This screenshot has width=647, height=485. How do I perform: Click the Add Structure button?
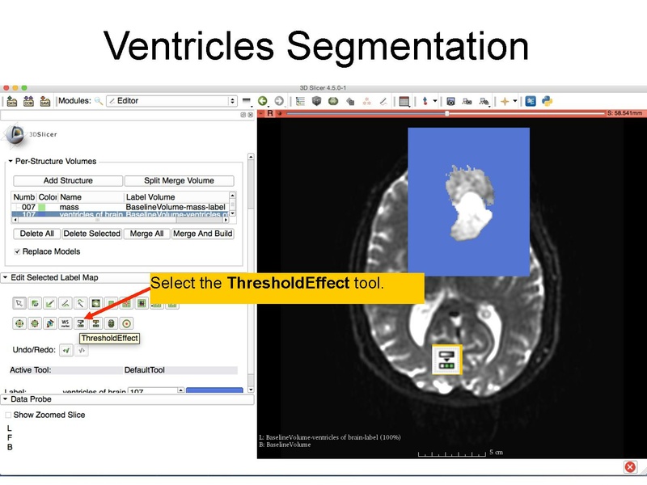[x=68, y=180]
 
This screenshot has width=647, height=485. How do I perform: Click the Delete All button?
[x=36, y=234]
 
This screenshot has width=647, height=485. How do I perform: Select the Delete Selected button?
[x=92, y=234]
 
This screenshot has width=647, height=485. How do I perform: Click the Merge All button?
[x=146, y=234]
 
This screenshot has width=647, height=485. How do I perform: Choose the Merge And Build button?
[x=202, y=234]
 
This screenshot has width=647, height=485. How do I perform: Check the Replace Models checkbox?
[x=18, y=251]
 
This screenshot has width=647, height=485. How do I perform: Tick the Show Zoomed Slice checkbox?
[x=9, y=415]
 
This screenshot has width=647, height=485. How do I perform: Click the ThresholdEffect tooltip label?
[x=109, y=338]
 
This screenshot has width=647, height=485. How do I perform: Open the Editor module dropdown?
[x=171, y=101]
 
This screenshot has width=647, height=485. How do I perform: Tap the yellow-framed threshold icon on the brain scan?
[x=446, y=360]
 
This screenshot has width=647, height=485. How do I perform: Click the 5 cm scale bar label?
[x=496, y=452]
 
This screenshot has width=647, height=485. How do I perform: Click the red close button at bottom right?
[x=630, y=467]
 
